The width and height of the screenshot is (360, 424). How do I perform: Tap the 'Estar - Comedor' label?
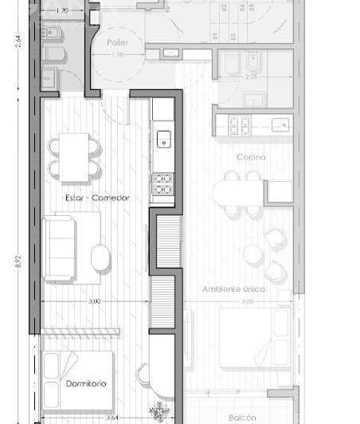[98, 197]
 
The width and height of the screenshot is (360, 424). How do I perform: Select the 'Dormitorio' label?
[86, 383]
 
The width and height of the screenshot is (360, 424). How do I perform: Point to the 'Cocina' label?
[251, 157]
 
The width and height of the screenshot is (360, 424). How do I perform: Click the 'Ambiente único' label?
[233, 289]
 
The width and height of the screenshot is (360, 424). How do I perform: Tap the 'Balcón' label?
[242, 417]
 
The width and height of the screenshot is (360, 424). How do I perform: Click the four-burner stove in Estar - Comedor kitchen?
[162, 183]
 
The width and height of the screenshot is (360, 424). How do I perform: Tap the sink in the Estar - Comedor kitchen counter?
[163, 139]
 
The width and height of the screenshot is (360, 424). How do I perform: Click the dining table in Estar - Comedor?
[76, 155]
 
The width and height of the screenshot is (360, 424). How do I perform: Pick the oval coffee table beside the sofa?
[100, 257]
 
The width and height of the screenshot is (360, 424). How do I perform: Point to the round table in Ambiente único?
[253, 254]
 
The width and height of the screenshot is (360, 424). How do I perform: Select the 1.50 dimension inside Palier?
[117, 54]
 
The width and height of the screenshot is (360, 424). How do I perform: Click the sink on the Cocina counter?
[280, 124]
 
